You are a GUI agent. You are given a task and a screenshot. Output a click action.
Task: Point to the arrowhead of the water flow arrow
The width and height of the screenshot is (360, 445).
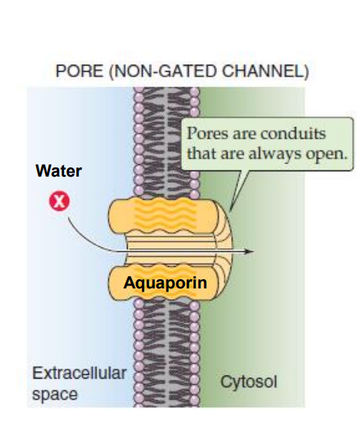point(251,251)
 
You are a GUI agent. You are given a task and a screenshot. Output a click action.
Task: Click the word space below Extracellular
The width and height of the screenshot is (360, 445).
point(55,393)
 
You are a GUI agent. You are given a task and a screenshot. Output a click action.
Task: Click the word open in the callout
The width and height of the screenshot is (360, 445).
point(329,152)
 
